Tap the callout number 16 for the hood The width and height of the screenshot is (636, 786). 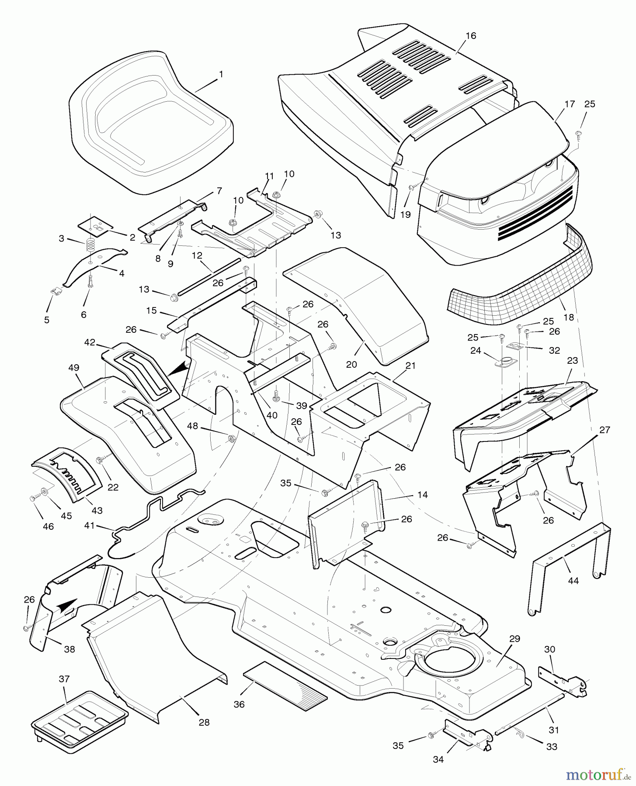(x=470, y=36)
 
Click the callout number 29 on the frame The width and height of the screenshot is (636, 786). (x=514, y=639)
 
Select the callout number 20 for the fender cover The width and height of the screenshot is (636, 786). (x=351, y=364)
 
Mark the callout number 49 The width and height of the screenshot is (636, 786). (x=73, y=368)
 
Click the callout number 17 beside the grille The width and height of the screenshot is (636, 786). (x=569, y=104)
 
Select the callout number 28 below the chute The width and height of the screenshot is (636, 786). (x=204, y=722)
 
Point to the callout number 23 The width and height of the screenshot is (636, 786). (x=572, y=361)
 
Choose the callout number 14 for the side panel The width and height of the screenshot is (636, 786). (x=422, y=495)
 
